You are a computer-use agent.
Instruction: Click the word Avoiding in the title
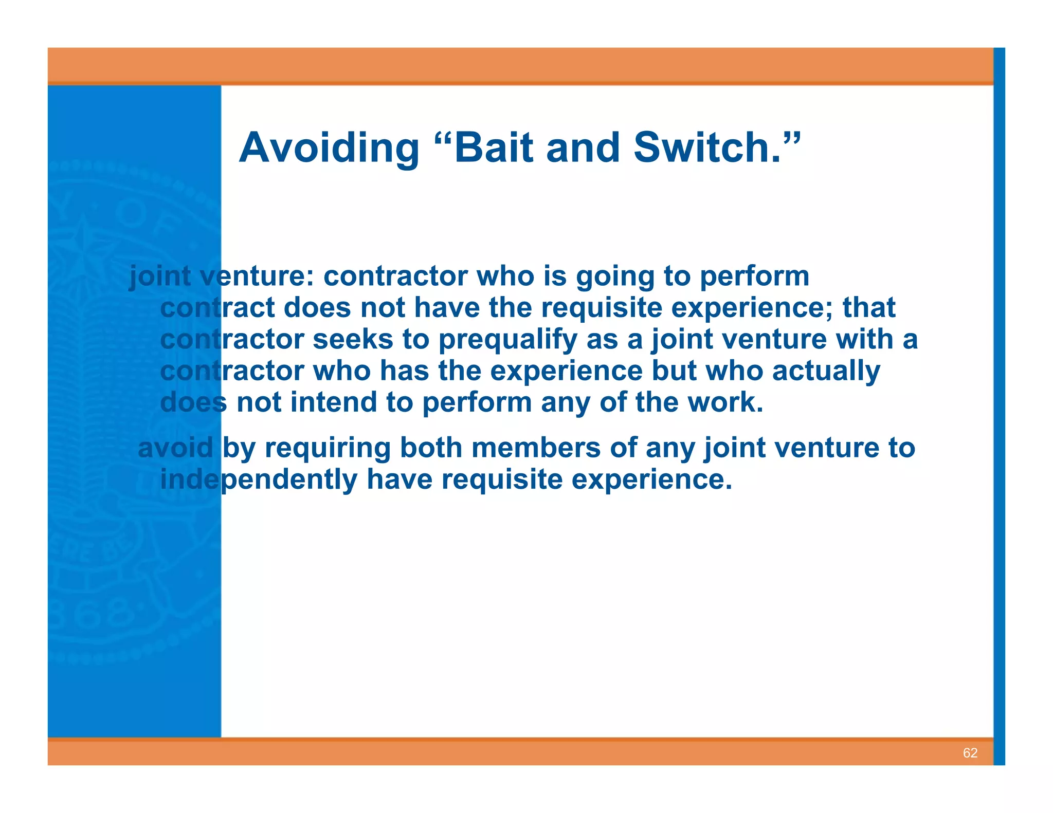329,149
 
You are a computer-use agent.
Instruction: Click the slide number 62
970,753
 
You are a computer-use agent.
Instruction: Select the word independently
259,480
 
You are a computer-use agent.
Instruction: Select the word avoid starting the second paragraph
175,448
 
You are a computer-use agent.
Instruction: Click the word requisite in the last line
502,480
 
